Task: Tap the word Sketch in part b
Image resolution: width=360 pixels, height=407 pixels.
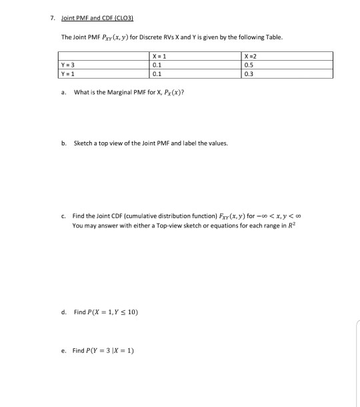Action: pos(82,143)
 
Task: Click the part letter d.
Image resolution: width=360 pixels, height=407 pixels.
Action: pos(62,312)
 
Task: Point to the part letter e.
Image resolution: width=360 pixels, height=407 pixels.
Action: pos(62,351)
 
